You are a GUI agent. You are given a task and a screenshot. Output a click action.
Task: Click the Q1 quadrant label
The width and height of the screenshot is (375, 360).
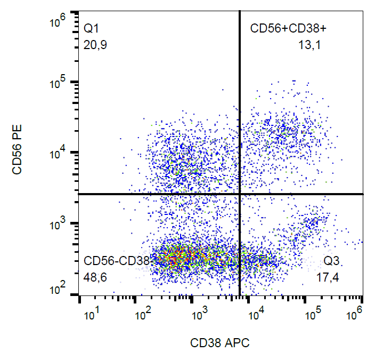tap(92, 29)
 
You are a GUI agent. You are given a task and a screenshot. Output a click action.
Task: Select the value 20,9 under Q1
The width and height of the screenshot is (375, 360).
tap(96, 46)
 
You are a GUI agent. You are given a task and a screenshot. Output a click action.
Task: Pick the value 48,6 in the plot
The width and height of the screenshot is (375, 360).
tap(96, 278)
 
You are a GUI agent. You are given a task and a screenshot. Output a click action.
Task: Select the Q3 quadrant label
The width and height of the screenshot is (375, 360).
tap(332, 261)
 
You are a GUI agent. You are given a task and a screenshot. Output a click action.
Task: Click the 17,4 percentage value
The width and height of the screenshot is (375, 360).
tap(328, 278)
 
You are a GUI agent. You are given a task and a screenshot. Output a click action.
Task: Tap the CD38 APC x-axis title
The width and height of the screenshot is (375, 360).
tap(220, 343)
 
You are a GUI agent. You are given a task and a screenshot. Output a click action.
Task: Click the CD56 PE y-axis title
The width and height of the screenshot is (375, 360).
tap(18, 154)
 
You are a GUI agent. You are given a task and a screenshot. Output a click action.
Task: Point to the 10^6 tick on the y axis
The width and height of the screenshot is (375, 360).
tap(57, 22)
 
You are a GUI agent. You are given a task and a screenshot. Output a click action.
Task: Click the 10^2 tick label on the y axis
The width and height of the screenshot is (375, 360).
tap(57, 291)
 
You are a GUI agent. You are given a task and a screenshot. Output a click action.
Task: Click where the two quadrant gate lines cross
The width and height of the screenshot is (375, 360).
tap(240, 194)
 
